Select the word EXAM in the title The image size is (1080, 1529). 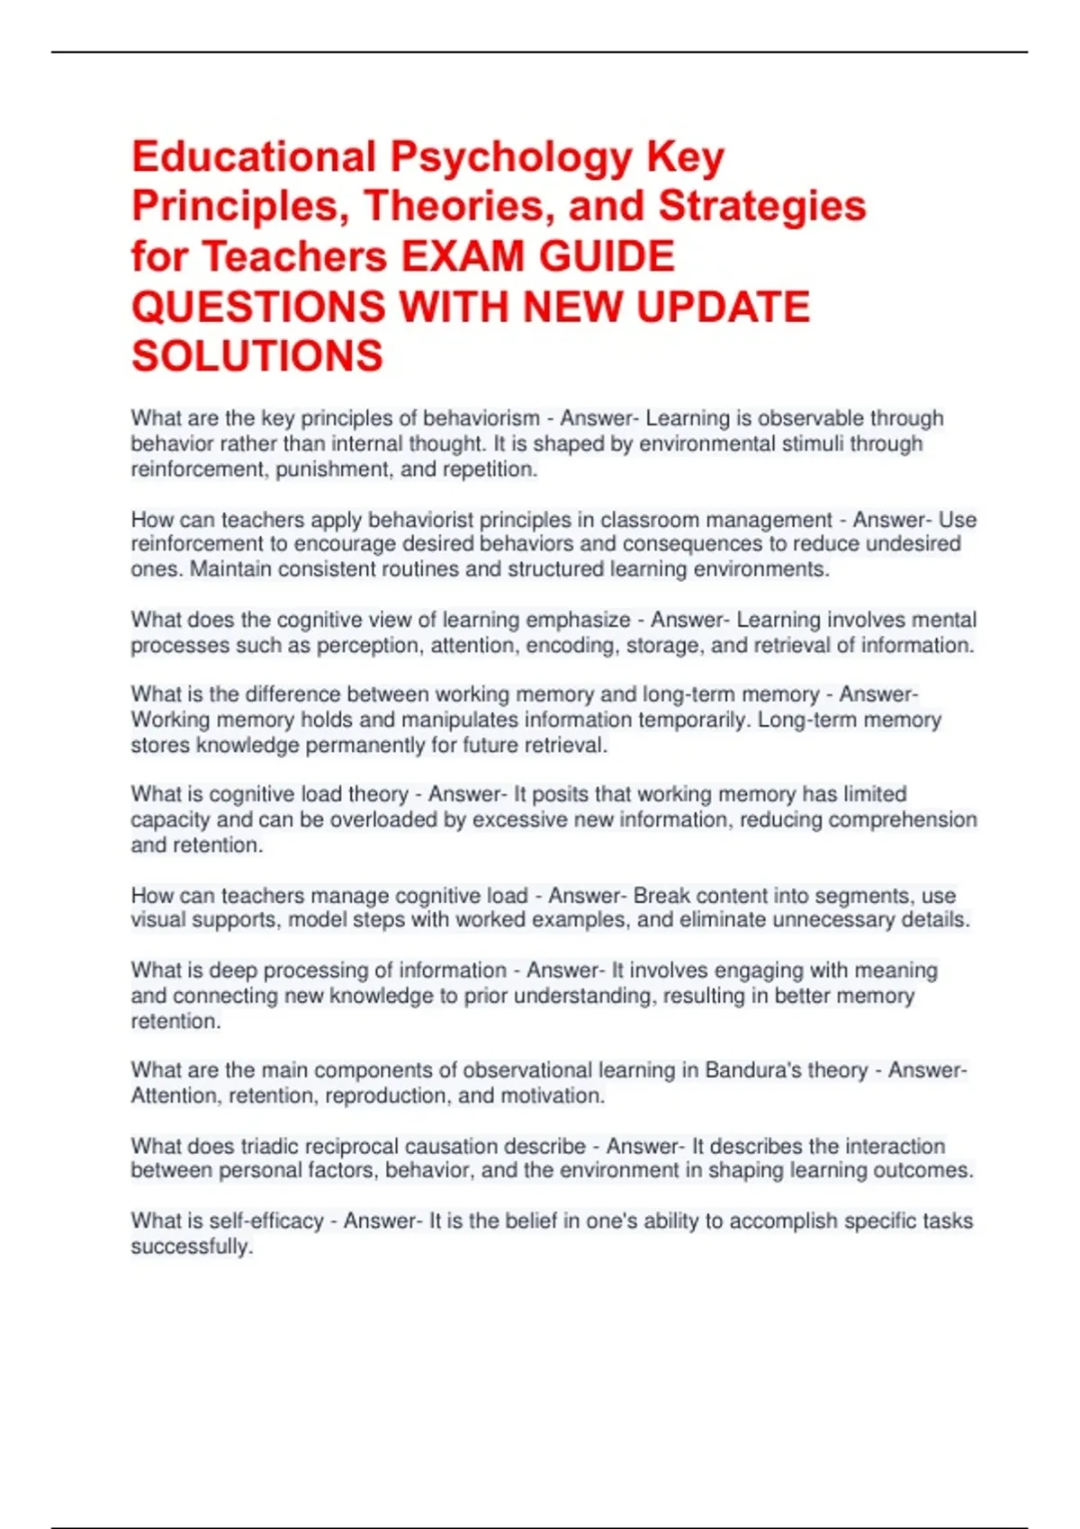point(462,256)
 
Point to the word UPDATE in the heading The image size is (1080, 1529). point(723,307)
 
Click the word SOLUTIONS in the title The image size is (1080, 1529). point(257,356)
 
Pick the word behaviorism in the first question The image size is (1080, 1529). point(481,418)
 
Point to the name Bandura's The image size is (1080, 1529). point(751,1070)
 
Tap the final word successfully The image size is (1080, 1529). point(191,1247)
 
